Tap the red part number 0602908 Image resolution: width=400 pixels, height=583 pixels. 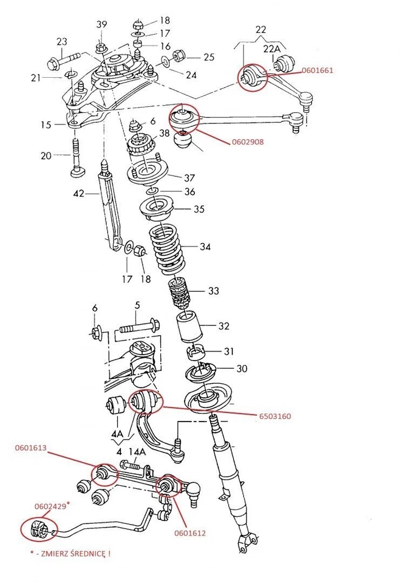pyautogui.click(x=248, y=143)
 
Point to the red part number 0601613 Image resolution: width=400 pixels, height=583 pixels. pyautogui.click(x=32, y=449)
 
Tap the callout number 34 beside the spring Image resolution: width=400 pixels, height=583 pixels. pyautogui.click(x=205, y=247)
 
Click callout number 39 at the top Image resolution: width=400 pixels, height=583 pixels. pyautogui.click(x=101, y=24)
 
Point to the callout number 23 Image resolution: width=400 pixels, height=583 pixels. pyautogui.click(x=62, y=41)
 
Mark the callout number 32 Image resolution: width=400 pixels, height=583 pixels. pyautogui.click(x=223, y=326)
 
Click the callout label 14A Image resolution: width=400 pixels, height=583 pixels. pyautogui.click(x=137, y=451)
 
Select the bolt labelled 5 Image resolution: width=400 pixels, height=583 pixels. pyautogui.click(x=139, y=329)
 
